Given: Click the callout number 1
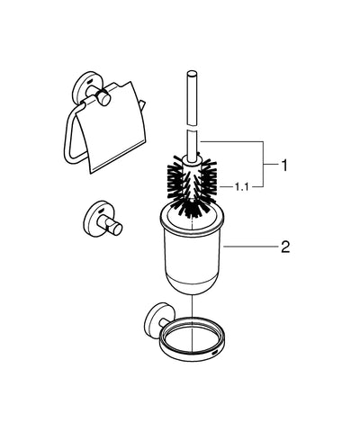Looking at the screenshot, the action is coord(284,166).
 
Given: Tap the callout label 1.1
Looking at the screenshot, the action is coord(241,187).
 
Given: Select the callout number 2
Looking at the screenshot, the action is coord(285,247).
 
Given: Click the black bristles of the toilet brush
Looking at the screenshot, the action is coord(192,187).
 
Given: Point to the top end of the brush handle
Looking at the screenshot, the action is coord(192,73).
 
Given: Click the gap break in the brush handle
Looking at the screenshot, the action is coord(192,128).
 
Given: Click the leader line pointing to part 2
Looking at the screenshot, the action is coord(251,247).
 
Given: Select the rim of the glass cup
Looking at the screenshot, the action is coord(192,223).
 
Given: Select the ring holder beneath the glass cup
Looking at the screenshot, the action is coord(192,339).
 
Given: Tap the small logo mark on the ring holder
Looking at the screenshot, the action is coord(215,351).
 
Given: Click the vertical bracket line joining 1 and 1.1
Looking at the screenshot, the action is coord(263,164).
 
